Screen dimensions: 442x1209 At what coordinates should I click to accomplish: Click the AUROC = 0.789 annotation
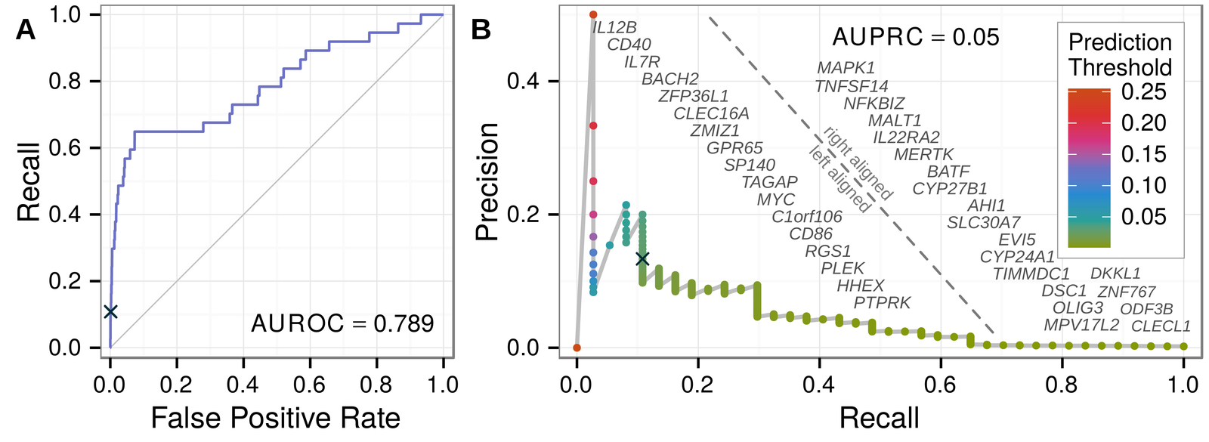[342, 324]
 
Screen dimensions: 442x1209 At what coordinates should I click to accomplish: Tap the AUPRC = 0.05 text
[915, 37]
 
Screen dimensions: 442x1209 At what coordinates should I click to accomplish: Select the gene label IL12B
[614, 28]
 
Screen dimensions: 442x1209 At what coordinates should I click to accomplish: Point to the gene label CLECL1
[1161, 326]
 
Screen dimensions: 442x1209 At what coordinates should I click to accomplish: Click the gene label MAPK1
[846, 69]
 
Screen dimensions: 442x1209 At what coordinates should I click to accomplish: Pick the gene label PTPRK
[882, 303]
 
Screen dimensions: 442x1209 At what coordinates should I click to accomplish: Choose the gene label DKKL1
[1115, 274]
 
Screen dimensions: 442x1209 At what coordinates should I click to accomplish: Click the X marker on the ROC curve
[111, 311]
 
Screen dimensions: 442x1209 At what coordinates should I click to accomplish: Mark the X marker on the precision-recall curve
[642, 258]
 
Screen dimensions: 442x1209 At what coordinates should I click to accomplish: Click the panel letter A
[26, 29]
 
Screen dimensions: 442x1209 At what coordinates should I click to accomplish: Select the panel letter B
[481, 29]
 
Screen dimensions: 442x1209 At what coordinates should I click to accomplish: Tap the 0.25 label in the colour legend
[1143, 91]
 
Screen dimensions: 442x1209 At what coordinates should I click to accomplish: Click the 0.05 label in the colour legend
[1143, 217]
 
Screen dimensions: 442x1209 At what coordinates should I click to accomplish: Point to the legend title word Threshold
[1120, 67]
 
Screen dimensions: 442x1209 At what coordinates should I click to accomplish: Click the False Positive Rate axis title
[275, 418]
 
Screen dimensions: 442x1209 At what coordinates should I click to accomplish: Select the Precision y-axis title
[487, 181]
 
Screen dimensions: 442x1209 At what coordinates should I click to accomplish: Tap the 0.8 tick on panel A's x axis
[376, 385]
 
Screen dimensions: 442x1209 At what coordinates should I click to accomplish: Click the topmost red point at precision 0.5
[593, 14]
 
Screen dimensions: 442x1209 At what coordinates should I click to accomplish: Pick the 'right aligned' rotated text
[858, 163]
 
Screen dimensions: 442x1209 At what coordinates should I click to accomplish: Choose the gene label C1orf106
[806, 217]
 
